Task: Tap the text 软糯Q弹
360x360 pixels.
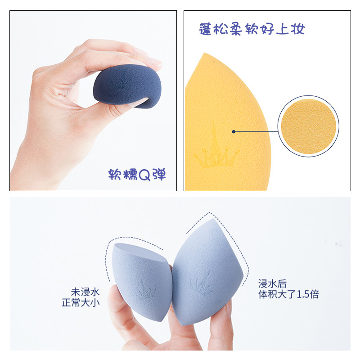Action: click(x=137, y=175)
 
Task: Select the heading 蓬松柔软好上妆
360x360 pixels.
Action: click(x=252, y=29)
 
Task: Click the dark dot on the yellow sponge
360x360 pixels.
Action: click(x=234, y=131)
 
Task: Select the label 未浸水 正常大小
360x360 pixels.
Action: click(x=81, y=297)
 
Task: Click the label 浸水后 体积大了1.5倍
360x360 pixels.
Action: click(x=288, y=289)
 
